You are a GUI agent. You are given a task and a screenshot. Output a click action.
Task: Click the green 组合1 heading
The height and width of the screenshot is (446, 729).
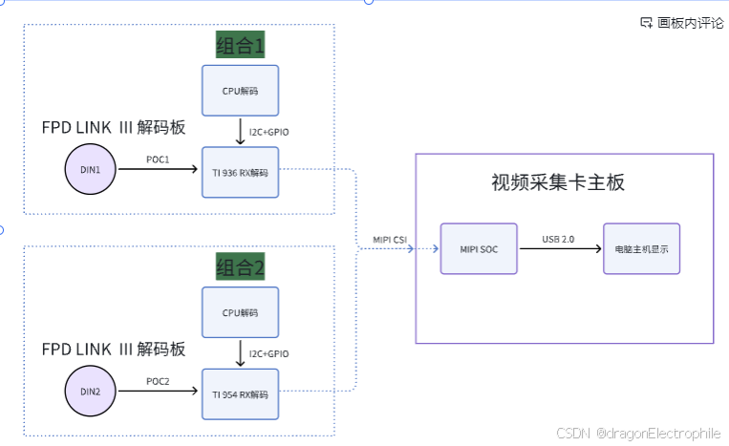click(x=240, y=45)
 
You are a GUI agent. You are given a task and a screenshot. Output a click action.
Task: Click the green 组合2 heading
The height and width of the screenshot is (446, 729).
click(x=240, y=266)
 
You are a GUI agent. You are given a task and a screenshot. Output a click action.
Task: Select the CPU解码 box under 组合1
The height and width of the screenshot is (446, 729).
click(x=240, y=91)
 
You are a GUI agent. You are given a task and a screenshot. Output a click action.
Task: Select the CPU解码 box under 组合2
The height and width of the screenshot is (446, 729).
click(x=240, y=312)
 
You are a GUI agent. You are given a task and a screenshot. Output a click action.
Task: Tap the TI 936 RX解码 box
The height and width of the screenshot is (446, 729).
click(x=240, y=172)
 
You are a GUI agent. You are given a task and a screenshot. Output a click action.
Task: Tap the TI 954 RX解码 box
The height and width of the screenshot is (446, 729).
click(x=240, y=393)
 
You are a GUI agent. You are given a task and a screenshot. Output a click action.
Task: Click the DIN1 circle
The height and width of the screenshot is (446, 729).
click(x=90, y=170)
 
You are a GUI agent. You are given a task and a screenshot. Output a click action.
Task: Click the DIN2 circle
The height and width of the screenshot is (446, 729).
click(x=90, y=392)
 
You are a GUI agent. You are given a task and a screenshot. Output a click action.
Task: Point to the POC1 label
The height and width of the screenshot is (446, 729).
click(x=158, y=159)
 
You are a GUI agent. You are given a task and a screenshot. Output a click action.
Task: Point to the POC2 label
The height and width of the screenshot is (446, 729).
click(x=158, y=381)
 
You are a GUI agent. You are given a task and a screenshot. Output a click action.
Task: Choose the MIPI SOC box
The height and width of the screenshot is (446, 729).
click(x=479, y=248)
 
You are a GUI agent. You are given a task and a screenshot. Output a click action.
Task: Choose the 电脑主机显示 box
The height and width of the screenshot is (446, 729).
click(x=641, y=248)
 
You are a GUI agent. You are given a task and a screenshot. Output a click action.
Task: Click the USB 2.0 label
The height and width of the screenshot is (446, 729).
click(x=558, y=239)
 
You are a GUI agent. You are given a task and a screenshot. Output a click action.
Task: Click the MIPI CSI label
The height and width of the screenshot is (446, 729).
click(x=391, y=239)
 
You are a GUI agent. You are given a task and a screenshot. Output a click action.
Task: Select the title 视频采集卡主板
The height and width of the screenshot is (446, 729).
click(x=558, y=182)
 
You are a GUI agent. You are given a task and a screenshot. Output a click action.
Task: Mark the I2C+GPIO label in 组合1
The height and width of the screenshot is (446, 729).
click(x=268, y=132)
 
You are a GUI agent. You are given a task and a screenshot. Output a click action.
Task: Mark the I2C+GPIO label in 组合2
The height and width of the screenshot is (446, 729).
click(x=268, y=353)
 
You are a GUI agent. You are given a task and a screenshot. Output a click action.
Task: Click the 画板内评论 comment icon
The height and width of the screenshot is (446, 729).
click(x=646, y=23)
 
